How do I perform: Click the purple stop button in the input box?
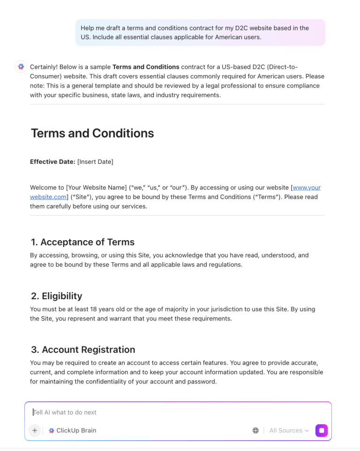click(x=322, y=430)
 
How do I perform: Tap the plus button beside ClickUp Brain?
click(x=35, y=430)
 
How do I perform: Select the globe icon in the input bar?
click(x=255, y=430)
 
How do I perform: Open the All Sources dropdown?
click(x=289, y=430)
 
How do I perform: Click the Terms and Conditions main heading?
click(x=92, y=133)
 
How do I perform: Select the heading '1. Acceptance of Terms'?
click(x=82, y=242)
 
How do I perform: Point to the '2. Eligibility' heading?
click(x=56, y=296)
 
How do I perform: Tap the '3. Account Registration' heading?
click(x=83, y=350)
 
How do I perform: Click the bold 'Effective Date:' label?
click(x=52, y=162)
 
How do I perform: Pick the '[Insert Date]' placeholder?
click(x=95, y=162)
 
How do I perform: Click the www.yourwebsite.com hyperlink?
click(x=307, y=188)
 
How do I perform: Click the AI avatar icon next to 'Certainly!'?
click(x=21, y=67)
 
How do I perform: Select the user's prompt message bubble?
click(x=200, y=32)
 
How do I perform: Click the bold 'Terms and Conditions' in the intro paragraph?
click(x=146, y=67)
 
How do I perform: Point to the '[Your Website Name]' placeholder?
click(x=96, y=188)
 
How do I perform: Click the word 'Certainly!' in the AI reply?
click(x=46, y=67)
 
